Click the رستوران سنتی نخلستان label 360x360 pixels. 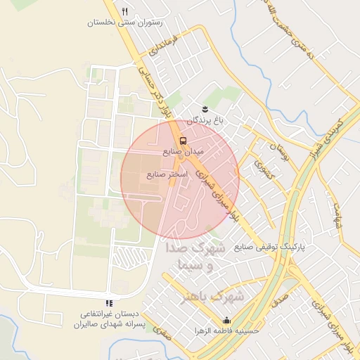[124, 22]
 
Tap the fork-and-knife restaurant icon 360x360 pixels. [124, 11]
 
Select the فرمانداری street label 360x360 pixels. [165, 52]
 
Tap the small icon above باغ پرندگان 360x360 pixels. [205, 108]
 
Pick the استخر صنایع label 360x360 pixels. [167, 174]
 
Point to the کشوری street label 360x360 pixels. [265, 176]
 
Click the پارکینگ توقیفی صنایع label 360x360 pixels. [270, 247]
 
